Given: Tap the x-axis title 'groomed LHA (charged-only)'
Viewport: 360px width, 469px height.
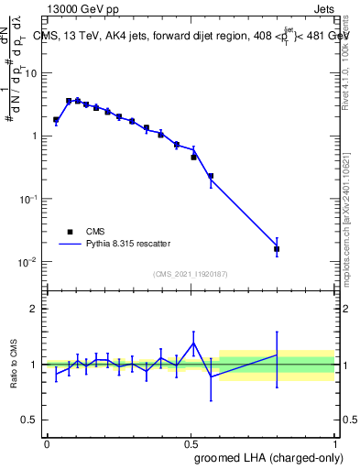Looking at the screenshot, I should click(265, 457).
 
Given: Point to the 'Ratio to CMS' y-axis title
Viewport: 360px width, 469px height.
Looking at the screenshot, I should click(16, 364).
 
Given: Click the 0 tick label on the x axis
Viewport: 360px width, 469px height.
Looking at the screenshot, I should click(47, 442).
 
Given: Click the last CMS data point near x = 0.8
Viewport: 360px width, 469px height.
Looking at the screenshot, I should click(277, 248).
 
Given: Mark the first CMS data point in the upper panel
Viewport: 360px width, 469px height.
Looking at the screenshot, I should click(56, 119).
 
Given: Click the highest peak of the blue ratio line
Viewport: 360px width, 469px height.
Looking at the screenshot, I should click(193, 344).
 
